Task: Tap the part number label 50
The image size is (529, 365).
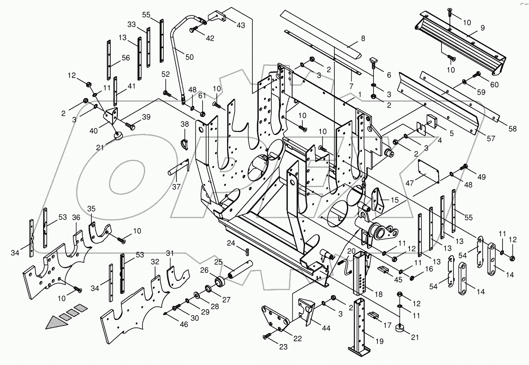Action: click(189, 57)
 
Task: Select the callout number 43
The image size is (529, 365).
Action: click(240, 25)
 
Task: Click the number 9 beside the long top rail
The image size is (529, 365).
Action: click(482, 28)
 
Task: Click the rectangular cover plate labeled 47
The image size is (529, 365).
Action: click(429, 171)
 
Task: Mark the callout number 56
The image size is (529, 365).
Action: click(125, 58)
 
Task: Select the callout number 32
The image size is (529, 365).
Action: click(155, 261)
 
